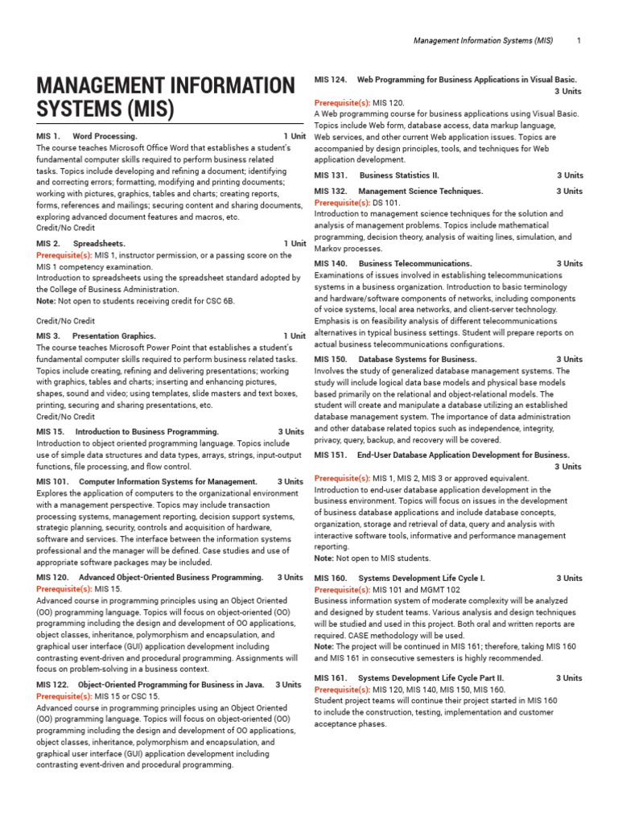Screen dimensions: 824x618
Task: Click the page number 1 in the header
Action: (579, 40)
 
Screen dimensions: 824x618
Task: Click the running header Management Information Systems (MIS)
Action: (484, 40)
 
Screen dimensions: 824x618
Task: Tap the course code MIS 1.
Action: (48, 137)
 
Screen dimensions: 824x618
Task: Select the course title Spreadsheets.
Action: (99, 244)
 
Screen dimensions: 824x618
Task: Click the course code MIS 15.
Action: (50, 432)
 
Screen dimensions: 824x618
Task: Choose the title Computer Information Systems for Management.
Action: (168, 482)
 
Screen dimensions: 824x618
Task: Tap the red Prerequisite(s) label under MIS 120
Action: (64, 589)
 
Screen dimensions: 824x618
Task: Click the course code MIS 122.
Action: (52, 685)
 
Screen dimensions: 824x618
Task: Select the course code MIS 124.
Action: (330, 80)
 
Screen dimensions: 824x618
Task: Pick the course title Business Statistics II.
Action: (399, 175)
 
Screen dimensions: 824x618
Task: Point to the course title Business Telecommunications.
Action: (415, 264)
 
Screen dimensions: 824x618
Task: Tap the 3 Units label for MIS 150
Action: (569, 360)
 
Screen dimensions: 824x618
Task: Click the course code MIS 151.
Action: (330, 455)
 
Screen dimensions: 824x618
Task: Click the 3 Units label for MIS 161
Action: (569, 678)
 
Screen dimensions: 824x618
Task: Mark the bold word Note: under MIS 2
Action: (46, 301)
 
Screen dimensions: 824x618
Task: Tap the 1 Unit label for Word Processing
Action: (294, 137)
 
